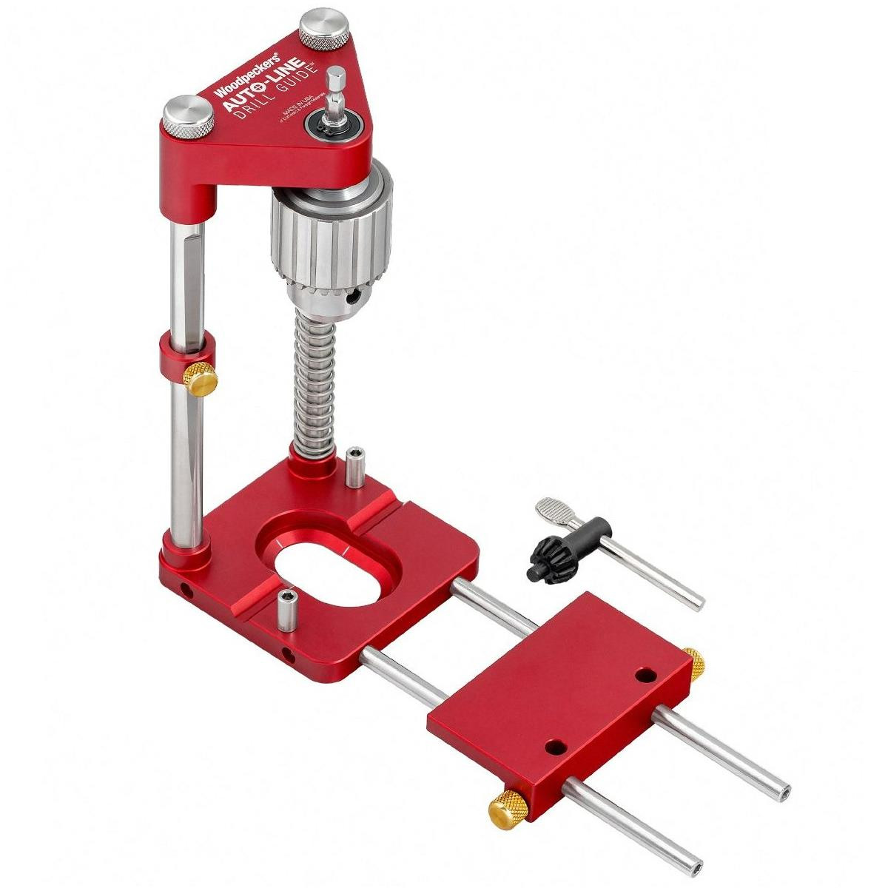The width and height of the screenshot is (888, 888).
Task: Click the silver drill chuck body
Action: pyautogui.click(x=329, y=244)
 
